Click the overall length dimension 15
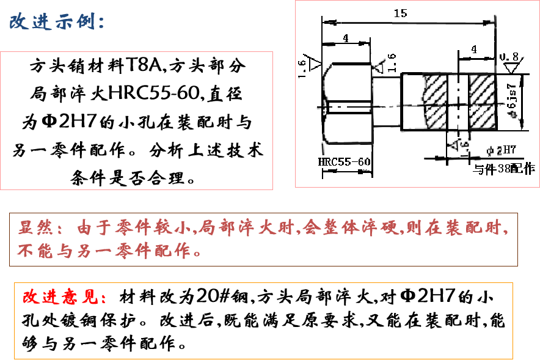(x=401, y=13)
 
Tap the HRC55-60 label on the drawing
(x=345, y=162)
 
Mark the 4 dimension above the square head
(x=346, y=38)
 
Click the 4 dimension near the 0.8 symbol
(x=475, y=50)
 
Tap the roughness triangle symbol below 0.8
(x=506, y=67)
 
